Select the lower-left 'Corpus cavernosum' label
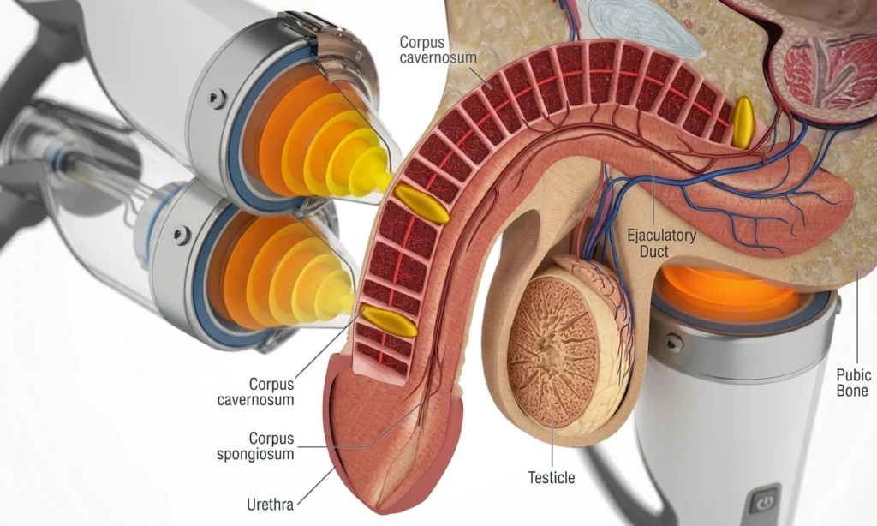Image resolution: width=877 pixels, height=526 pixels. (x=271, y=392)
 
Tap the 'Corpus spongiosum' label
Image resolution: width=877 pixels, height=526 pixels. (x=271, y=445)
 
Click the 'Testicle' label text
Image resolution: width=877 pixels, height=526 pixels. (x=552, y=477)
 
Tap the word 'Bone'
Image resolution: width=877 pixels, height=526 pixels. (x=853, y=392)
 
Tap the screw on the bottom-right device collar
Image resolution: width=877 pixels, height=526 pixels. (x=674, y=343)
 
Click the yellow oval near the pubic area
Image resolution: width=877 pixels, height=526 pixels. (x=743, y=121)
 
